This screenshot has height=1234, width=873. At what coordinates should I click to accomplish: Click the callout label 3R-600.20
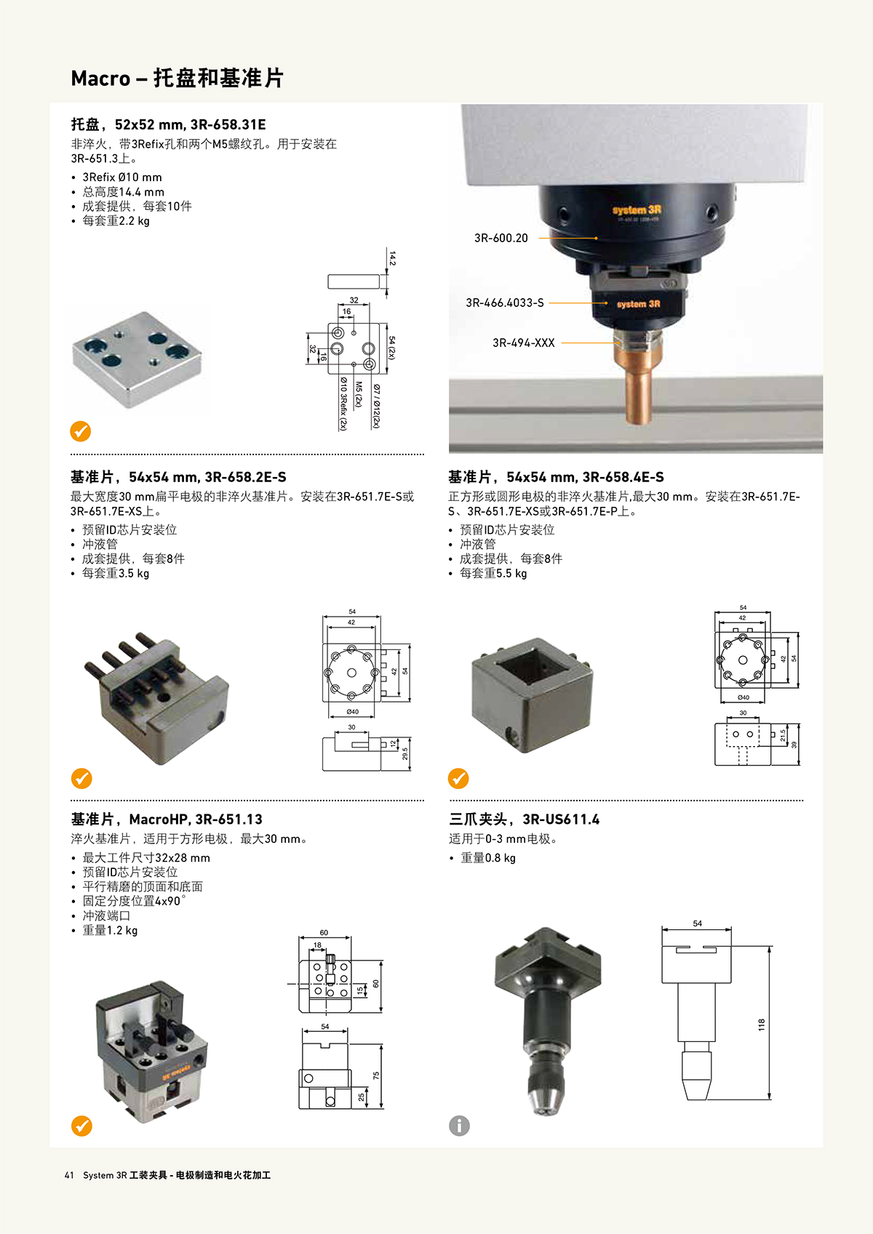(x=501, y=238)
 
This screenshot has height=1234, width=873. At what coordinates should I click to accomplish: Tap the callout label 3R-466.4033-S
(x=505, y=303)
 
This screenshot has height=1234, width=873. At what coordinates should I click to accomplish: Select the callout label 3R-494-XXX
(x=524, y=342)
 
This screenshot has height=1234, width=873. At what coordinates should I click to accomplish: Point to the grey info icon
(x=459, y=1126)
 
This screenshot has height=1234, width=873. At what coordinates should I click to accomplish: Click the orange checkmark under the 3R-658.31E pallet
(x=81, y=430)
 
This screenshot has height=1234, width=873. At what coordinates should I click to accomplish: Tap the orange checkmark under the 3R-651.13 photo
(x=81, y=1126)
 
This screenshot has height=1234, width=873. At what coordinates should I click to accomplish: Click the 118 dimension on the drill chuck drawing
(x=762, y=1025)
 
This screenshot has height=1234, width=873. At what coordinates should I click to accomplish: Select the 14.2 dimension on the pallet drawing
(x=392, y=258)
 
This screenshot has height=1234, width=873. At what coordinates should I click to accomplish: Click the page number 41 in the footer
(x=69, y=1175)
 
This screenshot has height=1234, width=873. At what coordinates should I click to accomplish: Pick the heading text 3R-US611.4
(x=561, y=820)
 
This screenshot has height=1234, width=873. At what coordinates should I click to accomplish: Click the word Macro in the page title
(x=100, y=79)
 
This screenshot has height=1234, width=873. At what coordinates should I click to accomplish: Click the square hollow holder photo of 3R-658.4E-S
(x=532, y=695)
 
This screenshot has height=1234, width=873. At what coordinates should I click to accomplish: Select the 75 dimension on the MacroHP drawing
(x=376, y=1075)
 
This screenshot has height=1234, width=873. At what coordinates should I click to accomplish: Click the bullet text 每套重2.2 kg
(x=116, y=221)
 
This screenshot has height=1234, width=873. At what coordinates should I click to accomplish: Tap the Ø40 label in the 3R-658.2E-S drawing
(x=353, y=712)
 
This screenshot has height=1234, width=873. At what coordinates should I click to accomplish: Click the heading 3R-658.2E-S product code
(x=245, y=477)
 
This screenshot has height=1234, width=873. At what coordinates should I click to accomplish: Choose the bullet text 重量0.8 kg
(x=488, y=858)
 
